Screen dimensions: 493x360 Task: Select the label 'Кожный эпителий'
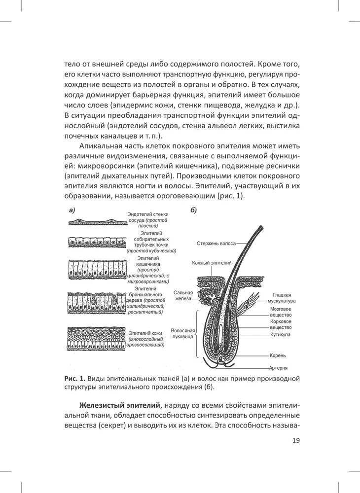[x=209, y=264]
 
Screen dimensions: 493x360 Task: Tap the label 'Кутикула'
[x=280, y=334]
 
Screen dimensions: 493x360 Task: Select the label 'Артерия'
[x=279, y=368]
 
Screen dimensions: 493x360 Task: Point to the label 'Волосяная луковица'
[x=183, y=335]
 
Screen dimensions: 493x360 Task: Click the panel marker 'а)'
[x=72, y=211]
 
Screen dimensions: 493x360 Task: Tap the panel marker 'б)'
[x=194, y=211]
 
